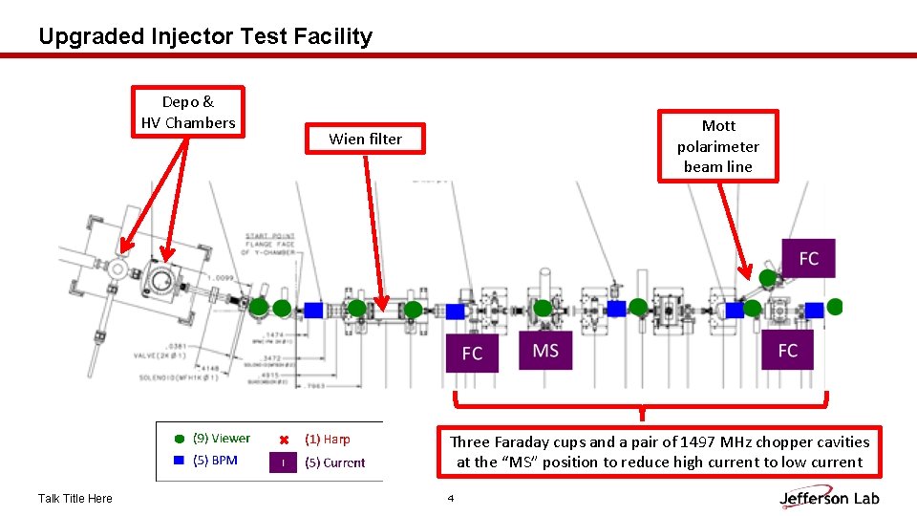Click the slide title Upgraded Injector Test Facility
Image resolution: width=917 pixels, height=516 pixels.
coord(205,36)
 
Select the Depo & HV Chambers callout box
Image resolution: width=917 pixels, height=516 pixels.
coord(188,112)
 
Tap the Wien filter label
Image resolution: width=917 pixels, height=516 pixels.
coord(365,139)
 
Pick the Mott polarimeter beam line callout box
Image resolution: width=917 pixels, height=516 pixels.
coord(717,146)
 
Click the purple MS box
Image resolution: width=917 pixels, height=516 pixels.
coord(545,351)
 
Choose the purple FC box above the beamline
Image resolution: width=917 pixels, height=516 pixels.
coord(808,258)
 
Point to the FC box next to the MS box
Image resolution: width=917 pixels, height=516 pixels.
coord(472,354)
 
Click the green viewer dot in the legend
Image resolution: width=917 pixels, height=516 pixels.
coord(179,440)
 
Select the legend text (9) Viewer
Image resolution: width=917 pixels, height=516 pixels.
coord(222,439)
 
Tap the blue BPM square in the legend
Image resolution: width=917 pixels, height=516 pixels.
coord(179,461)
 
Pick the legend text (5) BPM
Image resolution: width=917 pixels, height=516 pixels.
coord(215,461)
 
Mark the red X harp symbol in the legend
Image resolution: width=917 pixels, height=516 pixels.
coord(283,440)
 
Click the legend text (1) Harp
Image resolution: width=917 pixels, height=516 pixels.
coord(328,440)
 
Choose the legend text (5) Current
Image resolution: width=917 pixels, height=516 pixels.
coord(334,462)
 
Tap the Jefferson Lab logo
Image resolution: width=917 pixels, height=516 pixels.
coord(829,497)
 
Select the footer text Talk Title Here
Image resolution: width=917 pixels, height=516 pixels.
coord(75,498)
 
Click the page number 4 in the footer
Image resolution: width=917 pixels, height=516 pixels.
coord(451,498)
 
